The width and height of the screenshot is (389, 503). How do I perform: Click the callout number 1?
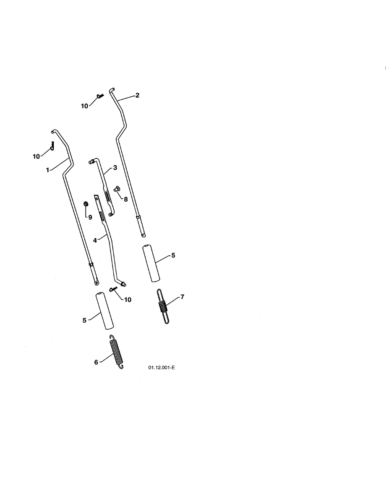48,170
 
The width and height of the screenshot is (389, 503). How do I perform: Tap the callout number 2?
137,95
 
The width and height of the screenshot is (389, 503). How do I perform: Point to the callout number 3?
115,167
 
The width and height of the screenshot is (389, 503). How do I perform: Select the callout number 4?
95,240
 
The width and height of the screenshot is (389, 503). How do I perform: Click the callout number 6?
96,362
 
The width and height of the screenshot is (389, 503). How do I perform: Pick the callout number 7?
182,297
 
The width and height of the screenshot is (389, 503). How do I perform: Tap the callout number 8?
125,199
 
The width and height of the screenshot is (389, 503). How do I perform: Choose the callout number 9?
90,217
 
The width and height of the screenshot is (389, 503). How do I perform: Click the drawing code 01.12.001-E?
161,368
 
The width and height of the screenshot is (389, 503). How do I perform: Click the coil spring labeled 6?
117,353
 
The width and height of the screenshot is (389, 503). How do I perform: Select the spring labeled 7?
163,307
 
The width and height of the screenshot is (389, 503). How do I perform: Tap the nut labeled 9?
86,204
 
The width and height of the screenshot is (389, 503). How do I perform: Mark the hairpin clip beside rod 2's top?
100,96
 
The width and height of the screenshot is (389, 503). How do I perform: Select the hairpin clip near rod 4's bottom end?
113,290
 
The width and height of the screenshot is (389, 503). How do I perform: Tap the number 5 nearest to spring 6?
84,320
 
